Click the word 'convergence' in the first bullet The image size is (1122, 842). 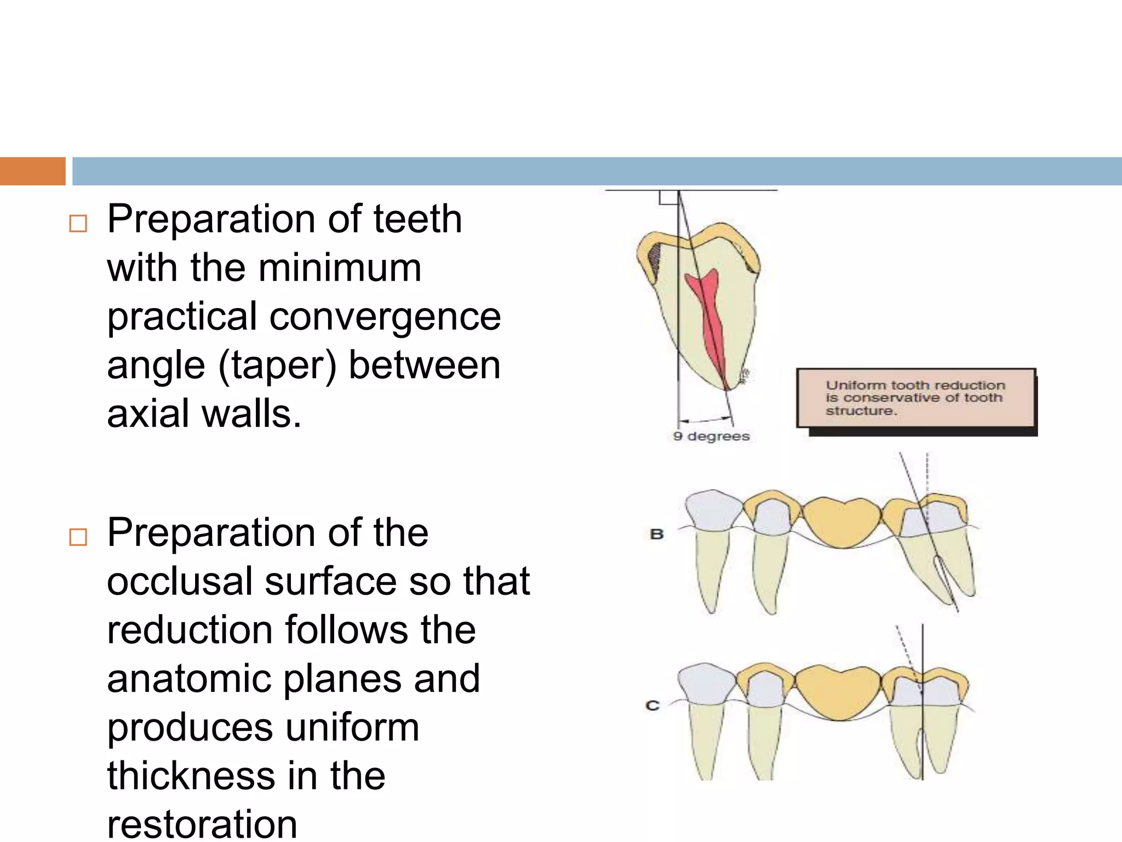point(385,317)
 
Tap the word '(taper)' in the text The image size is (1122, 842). point(277,366)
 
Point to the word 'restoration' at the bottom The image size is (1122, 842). point(202,824)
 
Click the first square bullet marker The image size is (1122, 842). point(78,223)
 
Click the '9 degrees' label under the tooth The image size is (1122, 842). point(711,436)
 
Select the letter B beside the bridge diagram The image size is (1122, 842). point(656,534)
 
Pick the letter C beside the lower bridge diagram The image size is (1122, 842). point(652,706)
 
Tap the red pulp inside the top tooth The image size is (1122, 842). point(709,318)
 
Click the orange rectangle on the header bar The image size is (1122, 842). point(32,171)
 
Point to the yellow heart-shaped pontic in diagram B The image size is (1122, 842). point(841,521)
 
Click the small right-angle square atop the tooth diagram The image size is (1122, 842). point(668,197)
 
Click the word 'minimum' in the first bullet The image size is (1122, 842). point(340,268)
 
